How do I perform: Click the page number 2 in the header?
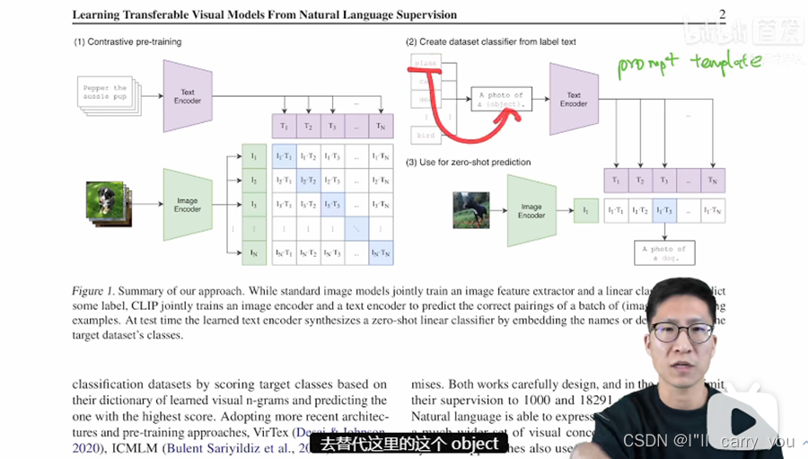(723, 13)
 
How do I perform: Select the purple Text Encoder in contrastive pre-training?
(187, 96)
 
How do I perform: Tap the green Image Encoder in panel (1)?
(187, 204)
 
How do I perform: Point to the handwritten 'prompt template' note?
(689, 63)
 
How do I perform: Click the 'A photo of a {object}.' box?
(501, 100)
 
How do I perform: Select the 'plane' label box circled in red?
(426, 64)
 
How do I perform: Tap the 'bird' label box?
(426, 135)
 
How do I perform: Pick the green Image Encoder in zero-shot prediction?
(531, 210)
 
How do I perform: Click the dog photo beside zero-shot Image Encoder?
(471, 209)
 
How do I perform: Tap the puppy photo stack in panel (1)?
(103, 202)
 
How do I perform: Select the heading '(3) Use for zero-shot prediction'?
(468, 163)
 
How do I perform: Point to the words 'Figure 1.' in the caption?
(92, 292)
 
